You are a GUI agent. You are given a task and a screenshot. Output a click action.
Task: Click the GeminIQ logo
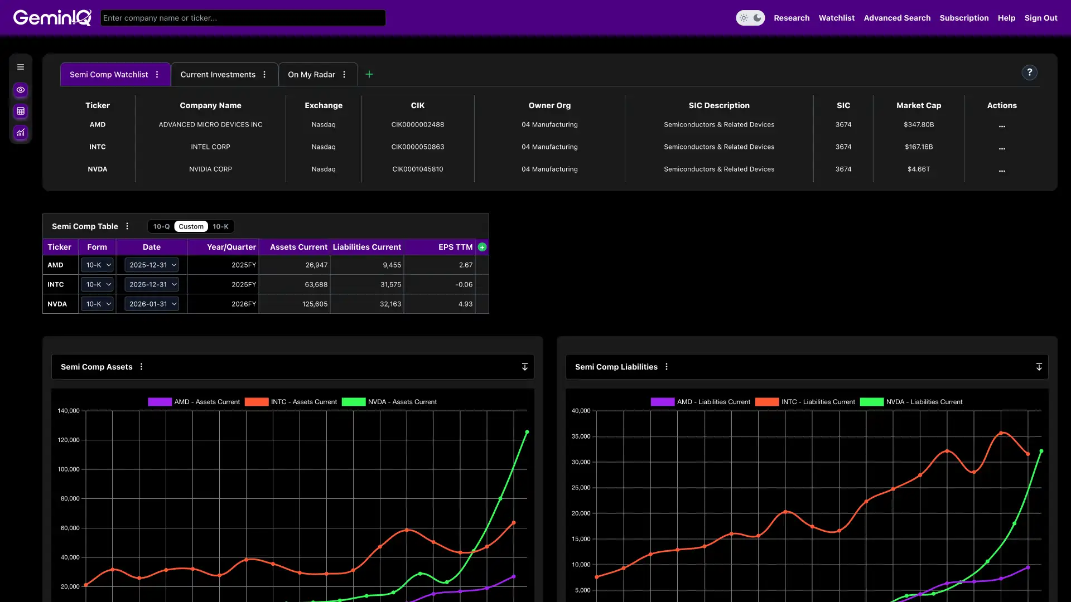(52, 18)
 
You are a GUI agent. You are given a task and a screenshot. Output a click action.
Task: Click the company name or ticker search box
(243, 18)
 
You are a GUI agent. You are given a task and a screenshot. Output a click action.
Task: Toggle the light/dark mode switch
(750, 18)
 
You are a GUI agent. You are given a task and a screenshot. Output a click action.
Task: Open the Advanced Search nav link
(897, 18)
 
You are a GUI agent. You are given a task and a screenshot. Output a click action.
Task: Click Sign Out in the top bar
(1040, 18)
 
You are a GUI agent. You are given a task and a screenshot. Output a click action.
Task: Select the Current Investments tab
(218, 75)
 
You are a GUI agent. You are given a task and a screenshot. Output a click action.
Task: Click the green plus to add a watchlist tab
(369, 74)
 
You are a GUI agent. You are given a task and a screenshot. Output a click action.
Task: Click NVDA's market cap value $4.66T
(918, 169)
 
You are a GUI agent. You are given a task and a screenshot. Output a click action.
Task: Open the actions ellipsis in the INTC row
(1002, 148)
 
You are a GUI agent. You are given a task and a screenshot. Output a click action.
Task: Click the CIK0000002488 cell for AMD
(417, 125)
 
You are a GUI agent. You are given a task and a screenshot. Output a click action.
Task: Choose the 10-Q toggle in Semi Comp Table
(161, 227)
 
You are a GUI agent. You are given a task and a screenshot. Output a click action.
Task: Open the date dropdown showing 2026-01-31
(152, 304)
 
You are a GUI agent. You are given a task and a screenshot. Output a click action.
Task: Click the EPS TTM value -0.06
(464, 285)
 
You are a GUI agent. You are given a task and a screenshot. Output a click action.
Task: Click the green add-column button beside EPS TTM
(483, 247)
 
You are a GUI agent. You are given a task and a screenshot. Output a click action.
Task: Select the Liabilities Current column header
(366, 247)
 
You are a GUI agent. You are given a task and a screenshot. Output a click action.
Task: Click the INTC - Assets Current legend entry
(291, 402)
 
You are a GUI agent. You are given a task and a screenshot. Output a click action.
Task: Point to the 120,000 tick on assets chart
(69, 440)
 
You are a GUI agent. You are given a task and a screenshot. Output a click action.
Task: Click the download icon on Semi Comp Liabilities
(1039, 367)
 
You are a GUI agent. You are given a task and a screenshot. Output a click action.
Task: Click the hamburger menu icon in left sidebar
(21, 67)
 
